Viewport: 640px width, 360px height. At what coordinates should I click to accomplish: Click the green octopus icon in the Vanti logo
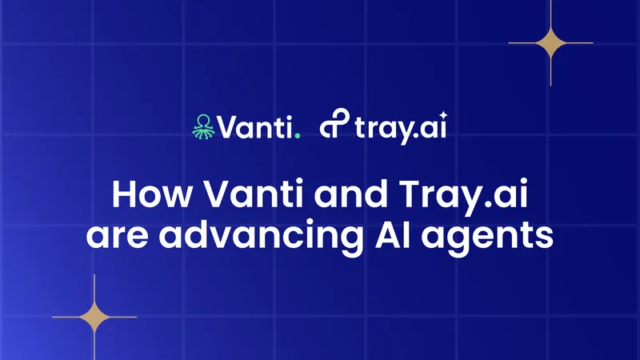point(203,127)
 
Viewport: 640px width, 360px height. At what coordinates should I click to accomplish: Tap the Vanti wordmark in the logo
point(254,127)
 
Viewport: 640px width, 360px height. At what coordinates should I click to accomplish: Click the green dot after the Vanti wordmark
point(298,135)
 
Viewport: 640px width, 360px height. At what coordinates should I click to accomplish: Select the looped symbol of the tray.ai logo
point(334,123)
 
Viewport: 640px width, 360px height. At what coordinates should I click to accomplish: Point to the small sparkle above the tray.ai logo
point(444,115)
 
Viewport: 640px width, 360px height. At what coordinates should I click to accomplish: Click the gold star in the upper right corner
point(550,42)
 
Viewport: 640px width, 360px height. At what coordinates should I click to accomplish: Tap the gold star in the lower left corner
point(94,317)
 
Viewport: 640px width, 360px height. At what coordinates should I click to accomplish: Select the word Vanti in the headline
point(254,194)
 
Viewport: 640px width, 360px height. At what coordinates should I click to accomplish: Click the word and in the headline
point(350,194)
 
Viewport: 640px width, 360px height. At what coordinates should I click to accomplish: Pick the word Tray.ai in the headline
point(463,196)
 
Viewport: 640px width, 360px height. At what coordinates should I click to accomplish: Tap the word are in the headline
point(117,236)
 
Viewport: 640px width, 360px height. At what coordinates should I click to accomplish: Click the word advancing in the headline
point(261,238)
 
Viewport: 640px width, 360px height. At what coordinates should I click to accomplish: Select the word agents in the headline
point(487,239)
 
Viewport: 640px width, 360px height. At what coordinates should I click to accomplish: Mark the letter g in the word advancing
point(350,241)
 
